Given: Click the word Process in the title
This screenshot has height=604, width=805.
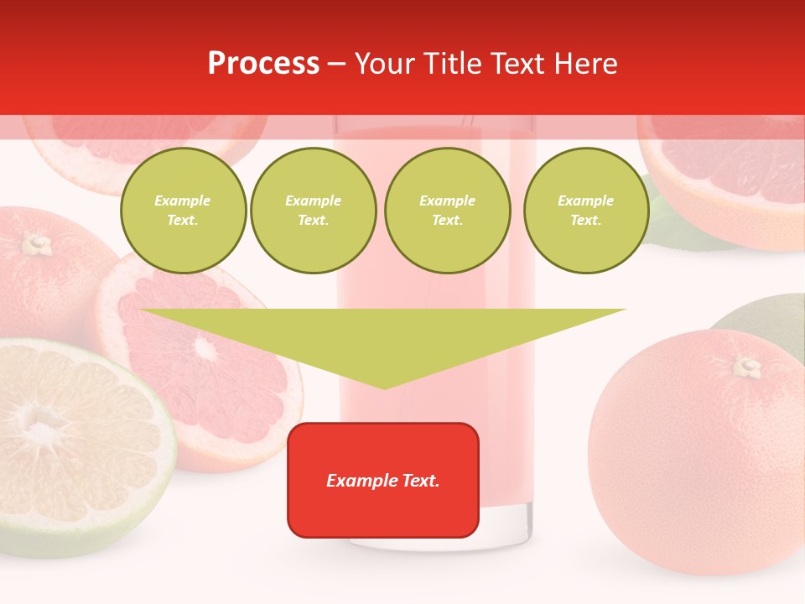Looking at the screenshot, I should [x=263, y=64].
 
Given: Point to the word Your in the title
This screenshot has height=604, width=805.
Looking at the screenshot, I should [x=385, y=64].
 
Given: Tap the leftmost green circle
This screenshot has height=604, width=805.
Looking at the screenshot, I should [x=183, y=211].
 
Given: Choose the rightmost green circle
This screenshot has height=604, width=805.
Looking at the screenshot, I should [x=585, y=211].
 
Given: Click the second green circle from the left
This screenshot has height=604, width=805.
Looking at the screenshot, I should [x=313, y=211].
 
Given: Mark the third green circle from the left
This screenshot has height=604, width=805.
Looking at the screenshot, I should [x=447, y=211].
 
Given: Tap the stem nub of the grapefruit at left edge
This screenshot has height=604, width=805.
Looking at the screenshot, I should [x=36, y=244].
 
